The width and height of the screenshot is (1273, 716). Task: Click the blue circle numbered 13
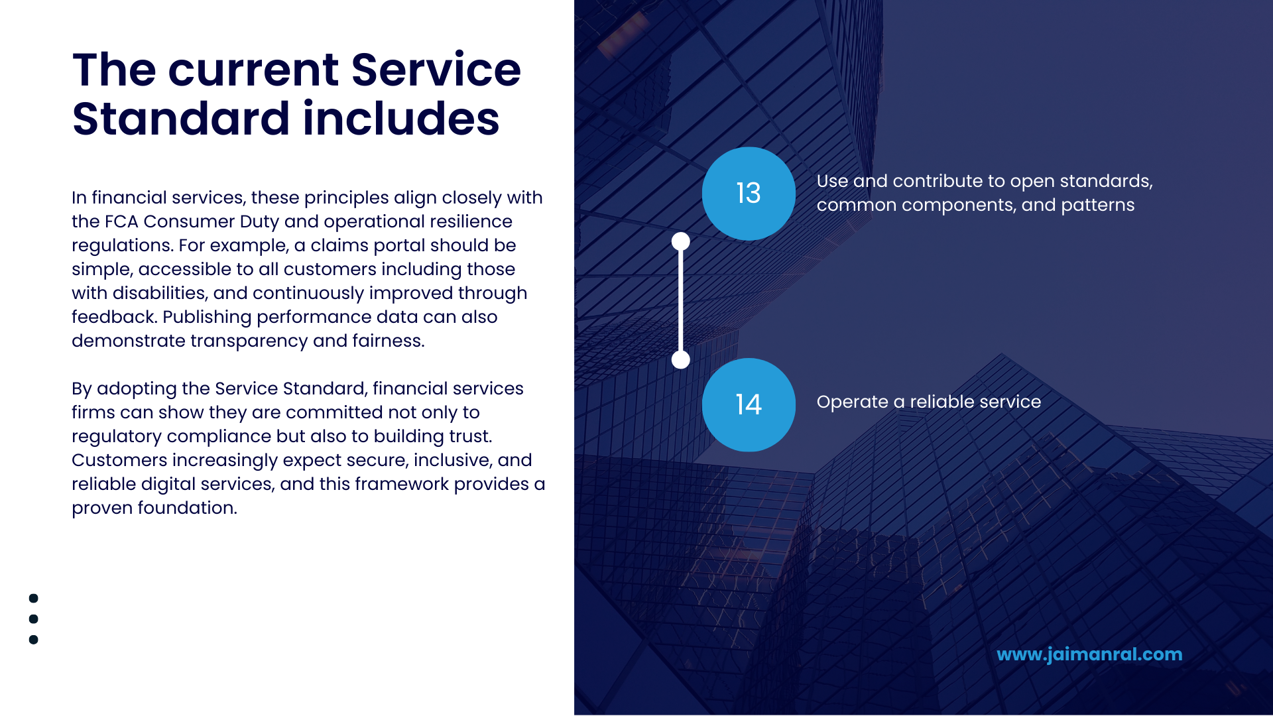click(749, 194)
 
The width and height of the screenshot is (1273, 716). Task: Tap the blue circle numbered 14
click(749, 405)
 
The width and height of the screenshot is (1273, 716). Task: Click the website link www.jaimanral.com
click(1089, 654)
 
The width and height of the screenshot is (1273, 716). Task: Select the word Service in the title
click(436, 70)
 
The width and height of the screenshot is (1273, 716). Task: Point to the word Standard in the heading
click(181, 119)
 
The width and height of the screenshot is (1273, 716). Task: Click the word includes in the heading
click(400, 119)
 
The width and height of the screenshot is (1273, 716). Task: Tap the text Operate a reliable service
click(928, 402)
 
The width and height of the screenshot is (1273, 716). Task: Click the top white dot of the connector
click(681, 241)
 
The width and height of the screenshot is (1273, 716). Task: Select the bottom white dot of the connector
click(681, 360)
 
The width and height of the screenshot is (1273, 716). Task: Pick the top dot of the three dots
click(34, 598)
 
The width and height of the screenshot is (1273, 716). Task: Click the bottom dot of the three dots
click(34, 640)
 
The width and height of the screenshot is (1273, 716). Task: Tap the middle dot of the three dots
click(34, 619)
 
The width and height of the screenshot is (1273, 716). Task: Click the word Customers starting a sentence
click(119, 460)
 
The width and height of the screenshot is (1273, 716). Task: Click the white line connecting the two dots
click(681, 300)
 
